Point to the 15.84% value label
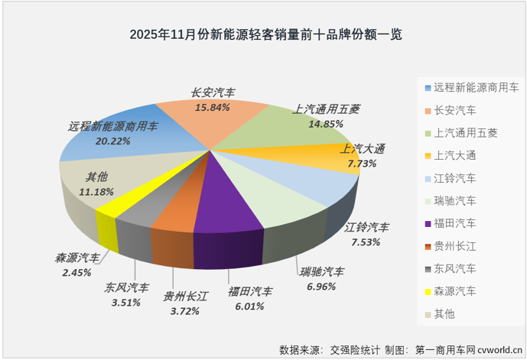[x=213, y=108]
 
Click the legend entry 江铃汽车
[x=454, y=178]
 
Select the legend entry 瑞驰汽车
[x=454, y=201]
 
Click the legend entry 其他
[x=444, y=313]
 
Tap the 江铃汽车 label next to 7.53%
[x=366, y=227]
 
